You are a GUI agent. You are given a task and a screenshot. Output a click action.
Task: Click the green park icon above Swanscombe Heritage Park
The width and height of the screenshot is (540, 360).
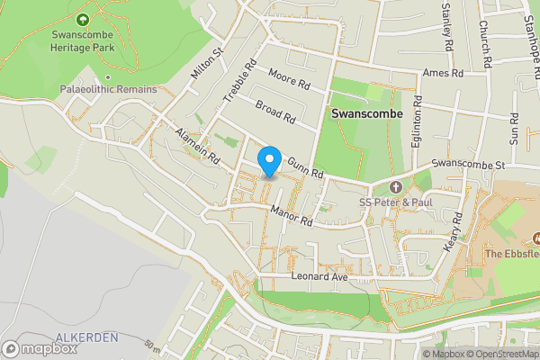pyautogui.click(x=84, y=20)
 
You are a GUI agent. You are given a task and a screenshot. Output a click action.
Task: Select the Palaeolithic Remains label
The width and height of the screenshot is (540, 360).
pyautogui.click(x=108, y=90)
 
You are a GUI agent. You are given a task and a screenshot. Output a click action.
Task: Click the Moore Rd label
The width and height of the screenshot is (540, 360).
pyautogui.click(x=289, y=82)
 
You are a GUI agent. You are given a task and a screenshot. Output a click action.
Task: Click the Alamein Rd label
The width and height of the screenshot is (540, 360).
pyautogui.click(x=199, y=145)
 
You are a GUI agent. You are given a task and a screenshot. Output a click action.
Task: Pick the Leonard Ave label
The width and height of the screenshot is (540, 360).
pyautogui.click(x=319, y=277)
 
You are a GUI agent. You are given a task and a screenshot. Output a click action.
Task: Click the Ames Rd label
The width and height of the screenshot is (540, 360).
pyautogui.click(x=442, y=73)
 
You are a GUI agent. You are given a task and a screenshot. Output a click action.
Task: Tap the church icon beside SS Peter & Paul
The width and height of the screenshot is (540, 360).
pyautogui.click(x=397, y=186)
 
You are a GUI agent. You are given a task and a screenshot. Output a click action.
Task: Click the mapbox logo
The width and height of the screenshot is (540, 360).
pyautogui.click(x=40, y=347)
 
